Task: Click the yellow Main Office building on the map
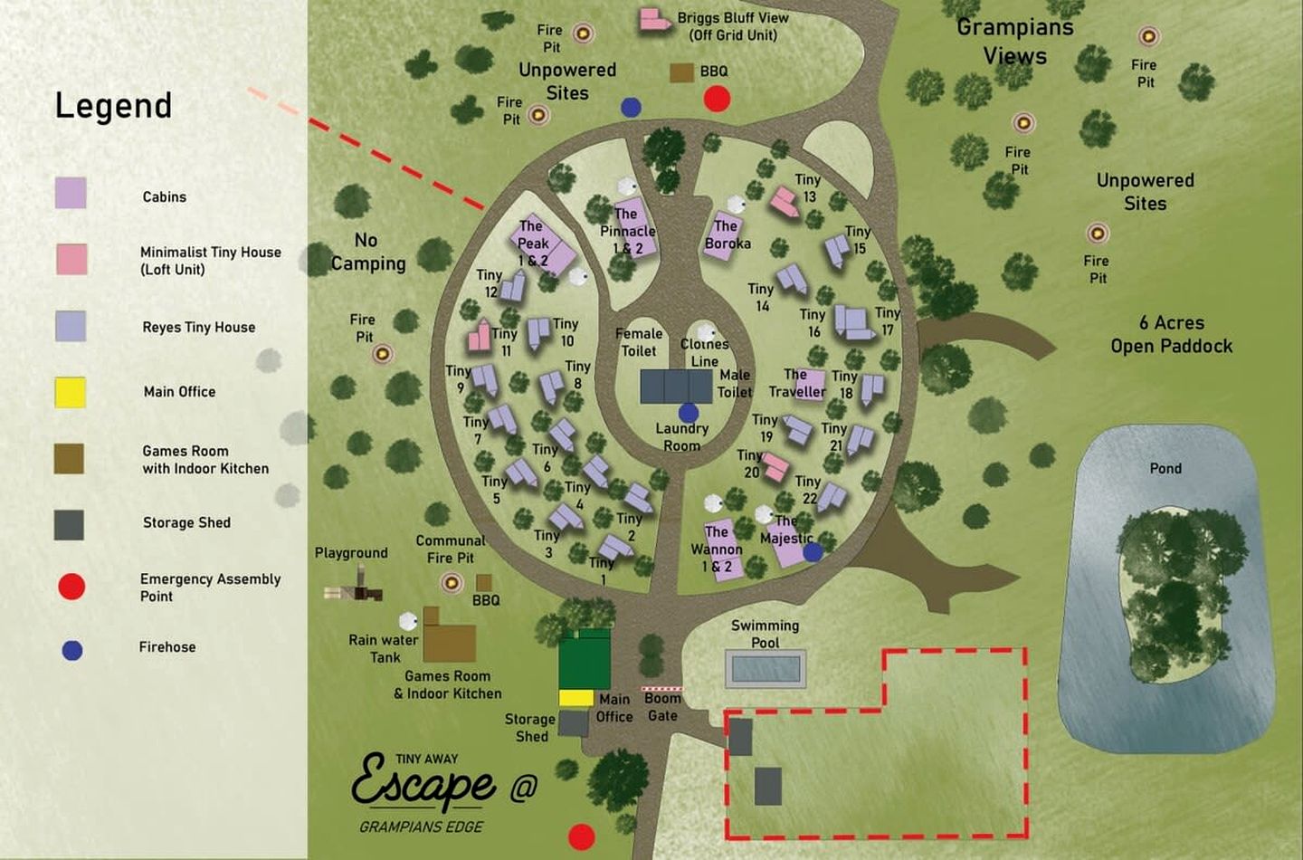[575, 698]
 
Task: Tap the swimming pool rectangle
[766, 669]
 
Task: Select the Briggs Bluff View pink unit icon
[652, 20]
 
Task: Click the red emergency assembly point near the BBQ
[717, 98]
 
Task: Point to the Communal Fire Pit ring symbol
[451, 582]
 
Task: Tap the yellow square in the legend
[70, 392]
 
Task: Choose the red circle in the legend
[71, 587]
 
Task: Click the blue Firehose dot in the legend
[72, 650]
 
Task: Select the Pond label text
[1165, 468]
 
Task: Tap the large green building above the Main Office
[584, 659]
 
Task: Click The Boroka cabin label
[728, 234]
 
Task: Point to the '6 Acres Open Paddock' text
[1171, 334]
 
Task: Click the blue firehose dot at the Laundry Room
[689, 413]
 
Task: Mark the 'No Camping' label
[367, 252]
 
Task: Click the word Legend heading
[113, 106]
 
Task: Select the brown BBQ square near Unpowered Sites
[681, 72]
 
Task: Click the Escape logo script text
[423, 783]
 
